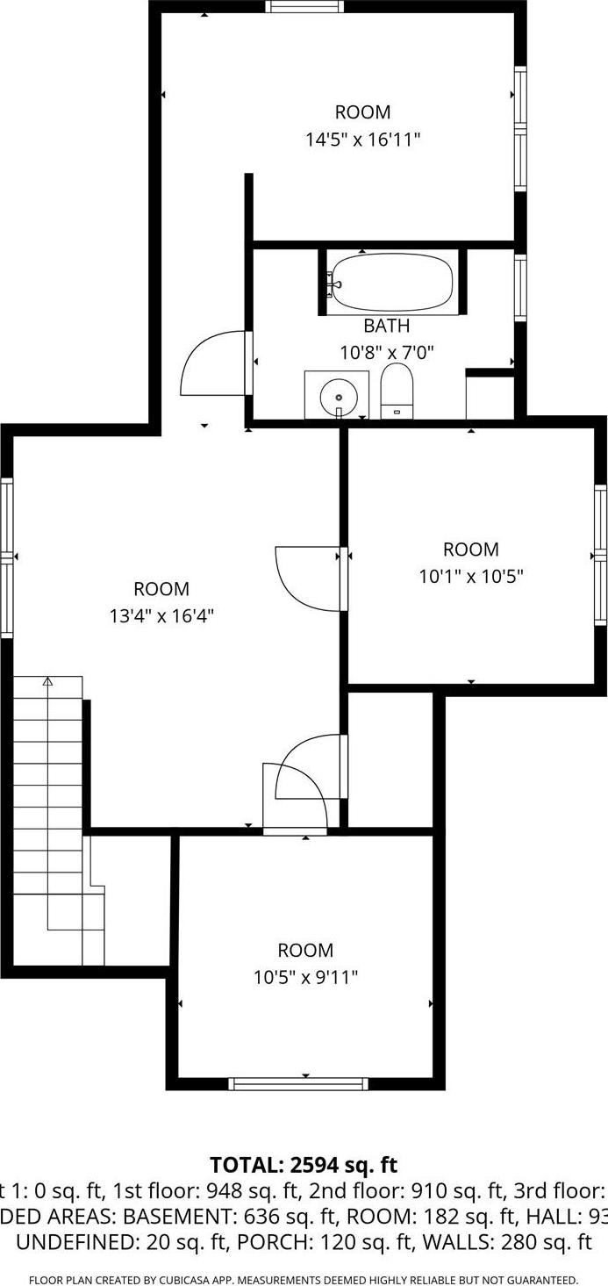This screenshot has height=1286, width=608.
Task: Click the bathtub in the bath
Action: coord(392,282)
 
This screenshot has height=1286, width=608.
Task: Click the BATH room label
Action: coord(386,327)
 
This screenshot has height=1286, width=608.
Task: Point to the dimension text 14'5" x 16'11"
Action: coord(362,140)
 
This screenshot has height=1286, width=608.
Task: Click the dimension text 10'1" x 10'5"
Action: coord(471,577)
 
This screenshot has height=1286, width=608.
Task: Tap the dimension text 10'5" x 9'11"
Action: coord(305,977)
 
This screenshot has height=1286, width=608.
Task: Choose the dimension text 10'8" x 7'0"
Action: coord(387,353)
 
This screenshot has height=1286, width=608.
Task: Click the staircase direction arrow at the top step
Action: coord(47,680)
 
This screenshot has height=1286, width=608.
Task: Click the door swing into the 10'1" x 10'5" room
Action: coord(309,577)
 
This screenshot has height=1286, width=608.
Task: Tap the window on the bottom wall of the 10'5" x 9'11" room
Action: coord(298,1084)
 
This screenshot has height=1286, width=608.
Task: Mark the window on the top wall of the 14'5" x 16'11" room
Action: coord(304,6)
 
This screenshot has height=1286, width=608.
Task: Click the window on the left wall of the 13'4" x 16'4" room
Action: coord(7,557)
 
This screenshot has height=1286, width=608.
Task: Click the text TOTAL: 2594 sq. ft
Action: coord(304,1165)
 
